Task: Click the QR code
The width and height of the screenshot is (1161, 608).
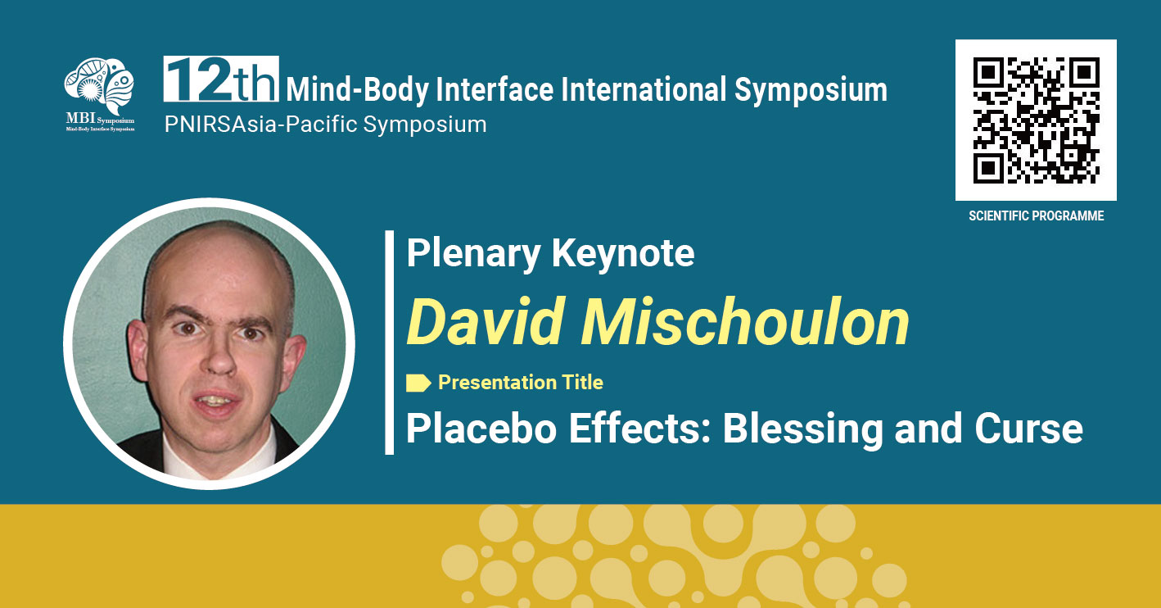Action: pos(1036,120)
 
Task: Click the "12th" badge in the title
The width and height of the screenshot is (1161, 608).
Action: pos(221,79)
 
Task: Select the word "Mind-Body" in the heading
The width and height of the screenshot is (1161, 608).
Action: pos(358,90)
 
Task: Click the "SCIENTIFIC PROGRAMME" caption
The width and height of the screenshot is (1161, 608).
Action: pos(1036,216)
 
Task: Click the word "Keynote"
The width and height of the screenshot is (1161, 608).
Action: pos(622,254)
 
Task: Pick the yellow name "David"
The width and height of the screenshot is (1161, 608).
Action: pos(486,322)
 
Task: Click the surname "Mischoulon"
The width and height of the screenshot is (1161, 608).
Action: pos(745,322)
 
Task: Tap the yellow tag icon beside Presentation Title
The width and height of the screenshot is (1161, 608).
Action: pos(418,383)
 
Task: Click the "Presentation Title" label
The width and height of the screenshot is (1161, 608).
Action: pos(521,383)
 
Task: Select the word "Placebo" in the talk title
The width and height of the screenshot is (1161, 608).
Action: pos(481,429)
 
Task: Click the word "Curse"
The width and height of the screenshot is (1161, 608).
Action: pos(1029,429)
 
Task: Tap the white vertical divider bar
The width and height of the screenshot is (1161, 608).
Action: pos(389,343)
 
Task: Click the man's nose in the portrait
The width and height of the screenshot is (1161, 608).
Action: pos(219,354)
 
